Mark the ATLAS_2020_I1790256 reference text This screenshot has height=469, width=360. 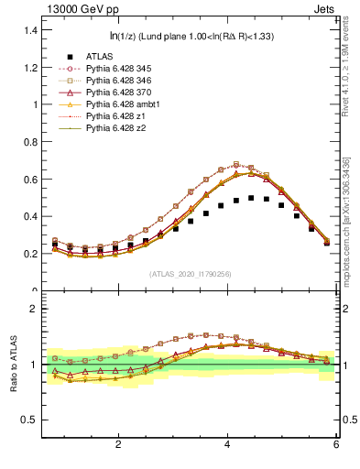tap(190, 274)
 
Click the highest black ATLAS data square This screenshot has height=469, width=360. tap(251, 198)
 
